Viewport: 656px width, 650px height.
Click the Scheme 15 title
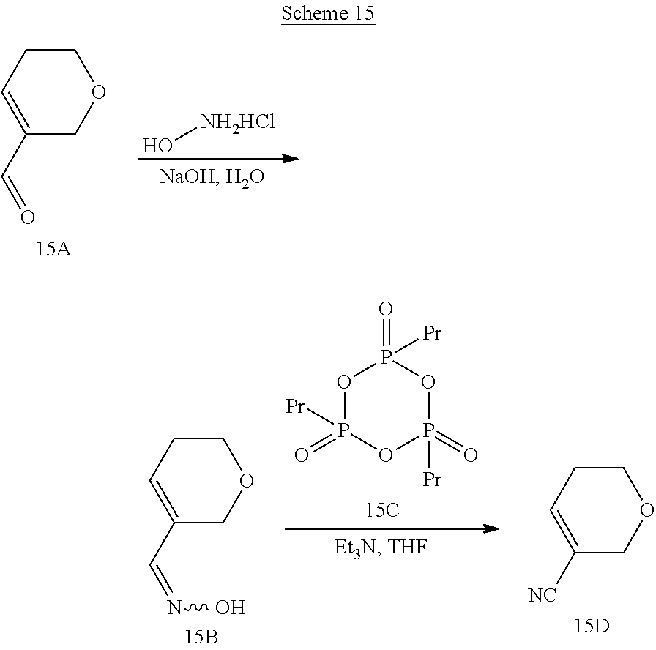[x=328, y=13]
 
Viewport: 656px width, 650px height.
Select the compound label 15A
[x=53, y=249]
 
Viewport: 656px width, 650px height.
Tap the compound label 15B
[x=201, y=637]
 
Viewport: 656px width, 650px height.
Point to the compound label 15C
[x=382, y=510]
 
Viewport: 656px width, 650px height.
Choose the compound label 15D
[x=592, y=626]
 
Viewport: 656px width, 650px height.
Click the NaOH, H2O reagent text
[x=212, y=178]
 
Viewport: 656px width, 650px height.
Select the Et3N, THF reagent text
[x=380, y=548]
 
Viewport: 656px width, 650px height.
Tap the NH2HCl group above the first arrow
[x=238, y=122]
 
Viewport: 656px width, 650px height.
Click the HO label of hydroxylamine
[x=157, y=146]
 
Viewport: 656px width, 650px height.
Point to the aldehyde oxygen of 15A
[x=28, y=217]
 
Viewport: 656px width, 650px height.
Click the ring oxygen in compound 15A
[x=98, y=92]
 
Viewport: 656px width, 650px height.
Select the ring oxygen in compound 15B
[x=247, y=481]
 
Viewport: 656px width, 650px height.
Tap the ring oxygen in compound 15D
[x=646, y=510]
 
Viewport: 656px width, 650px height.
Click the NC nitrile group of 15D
[x=543, y=595]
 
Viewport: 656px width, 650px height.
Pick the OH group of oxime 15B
[x=230, y=608]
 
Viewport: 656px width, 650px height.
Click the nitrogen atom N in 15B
[x=174, y=608]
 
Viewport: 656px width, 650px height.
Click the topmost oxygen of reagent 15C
[x=386, y=310]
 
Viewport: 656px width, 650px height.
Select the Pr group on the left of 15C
[x=295, y=406]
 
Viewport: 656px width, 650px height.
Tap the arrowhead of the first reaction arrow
[x=291, y=159]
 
